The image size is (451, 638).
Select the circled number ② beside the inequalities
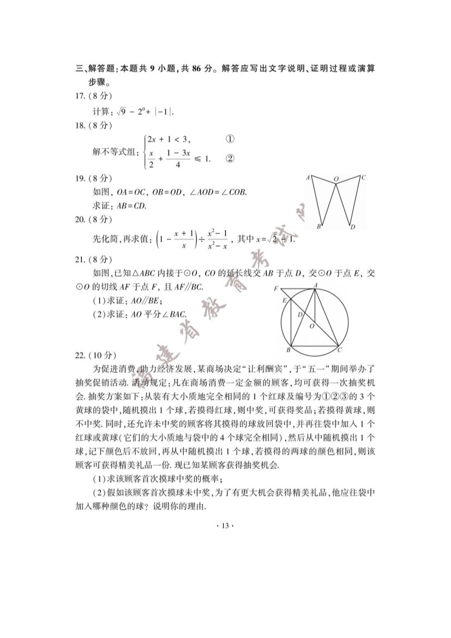pos(230,159)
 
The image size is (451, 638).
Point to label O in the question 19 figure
pos(336,178)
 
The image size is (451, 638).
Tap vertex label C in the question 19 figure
pos(364,177)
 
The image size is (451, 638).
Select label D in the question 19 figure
pos(353,227)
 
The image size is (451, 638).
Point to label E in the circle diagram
pos(284,300)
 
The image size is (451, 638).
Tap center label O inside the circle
pos(311,326)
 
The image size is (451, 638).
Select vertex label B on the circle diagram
pos(288,350)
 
